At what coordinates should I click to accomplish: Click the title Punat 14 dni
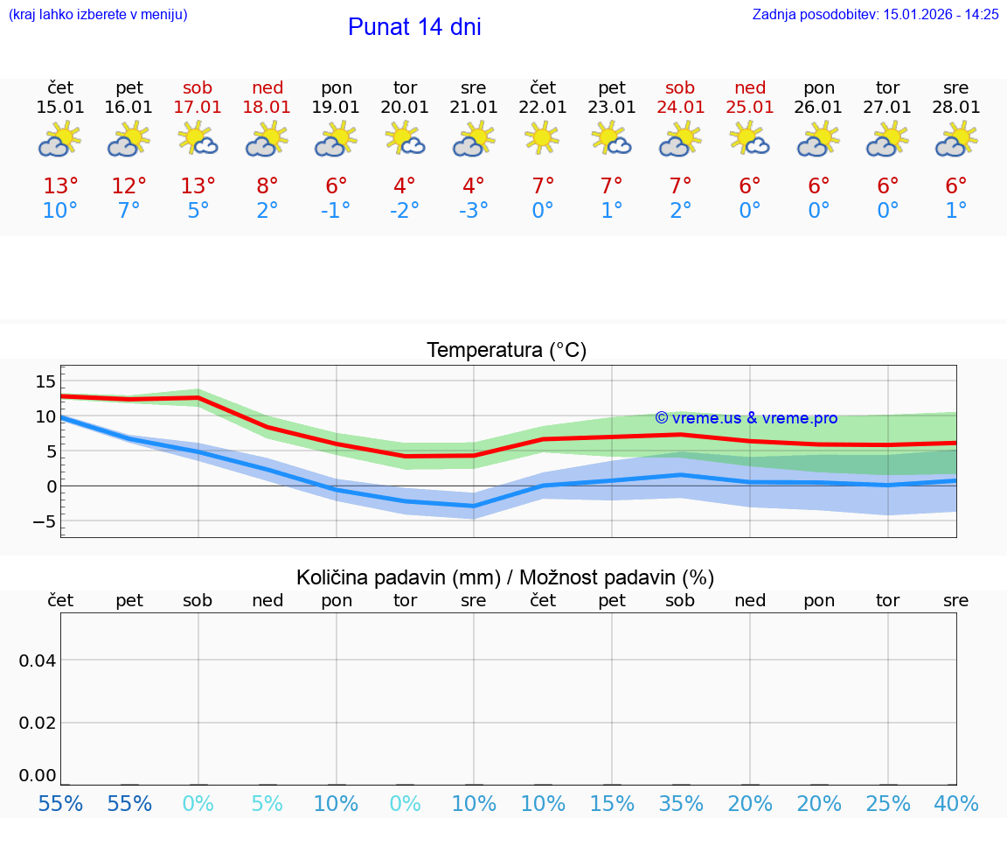pos(414,27)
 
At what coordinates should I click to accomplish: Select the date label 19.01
pos(337,107)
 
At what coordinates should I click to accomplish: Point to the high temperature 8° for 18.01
pos(267,185)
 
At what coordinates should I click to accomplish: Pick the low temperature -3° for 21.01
pos(474,211)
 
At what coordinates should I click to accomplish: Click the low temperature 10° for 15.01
pos(60,211)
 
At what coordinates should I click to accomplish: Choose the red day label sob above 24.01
pos(680,87)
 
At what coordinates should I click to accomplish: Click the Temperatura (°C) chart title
pos(506,350)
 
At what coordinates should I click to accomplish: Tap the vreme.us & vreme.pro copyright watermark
pos(746,418)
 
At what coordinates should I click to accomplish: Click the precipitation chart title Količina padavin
pos(505,577)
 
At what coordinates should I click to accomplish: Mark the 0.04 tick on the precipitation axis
pos(38,661)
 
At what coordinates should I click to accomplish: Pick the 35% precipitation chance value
pos(681,803)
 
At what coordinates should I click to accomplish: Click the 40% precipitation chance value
pos(956,803)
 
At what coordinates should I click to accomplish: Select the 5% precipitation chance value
pos(267,803)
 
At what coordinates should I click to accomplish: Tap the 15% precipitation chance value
pos(612,803)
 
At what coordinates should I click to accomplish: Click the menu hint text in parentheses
pos(98,14)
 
